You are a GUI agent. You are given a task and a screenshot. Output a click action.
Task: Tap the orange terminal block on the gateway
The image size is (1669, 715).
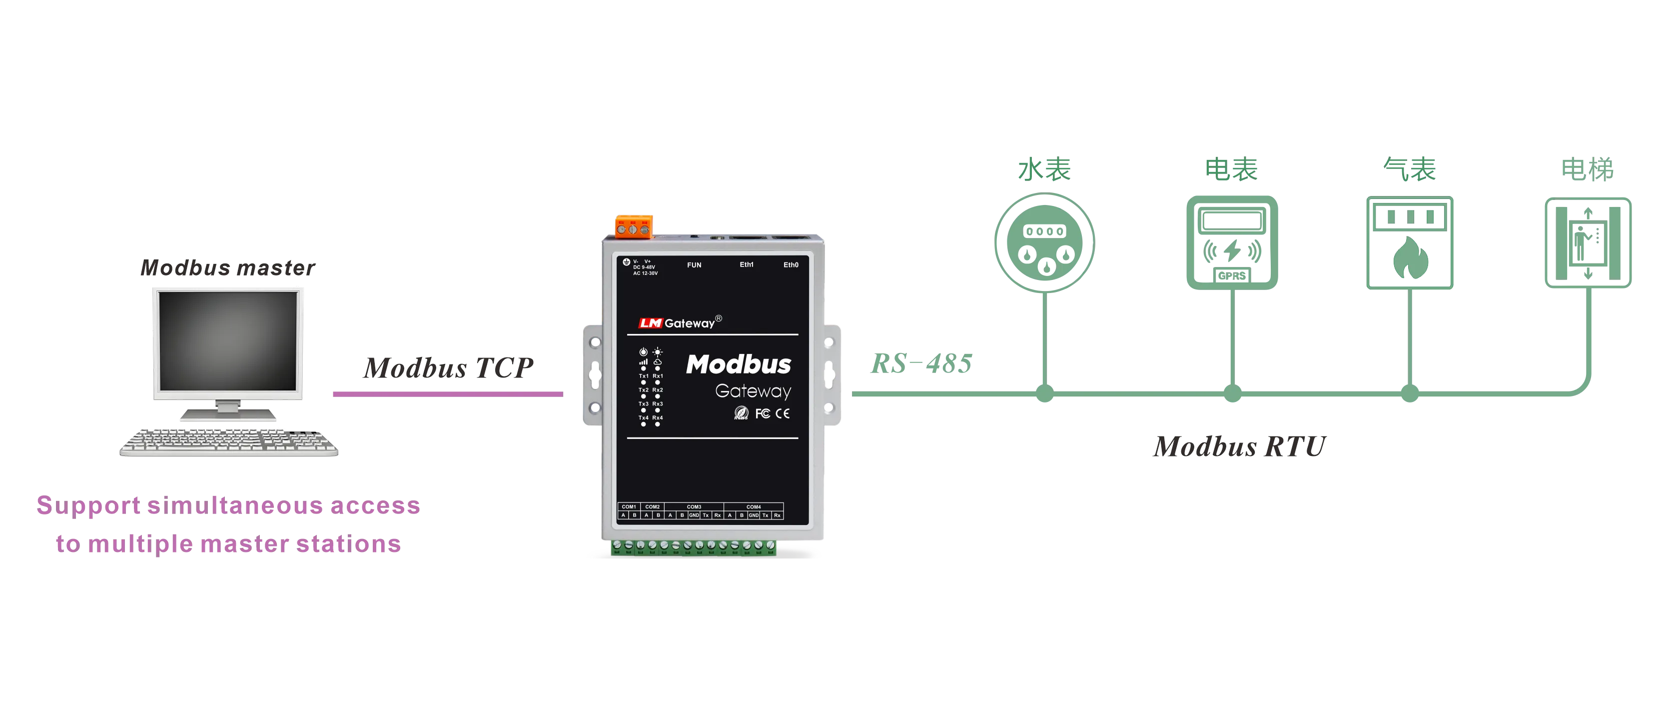pos(634,225)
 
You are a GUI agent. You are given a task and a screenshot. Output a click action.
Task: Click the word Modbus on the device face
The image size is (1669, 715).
pos(738,364)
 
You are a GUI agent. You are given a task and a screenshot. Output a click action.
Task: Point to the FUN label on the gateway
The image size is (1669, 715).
pos(694,265)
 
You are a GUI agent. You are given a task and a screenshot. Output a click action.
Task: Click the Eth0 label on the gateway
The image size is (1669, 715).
pos(791,265)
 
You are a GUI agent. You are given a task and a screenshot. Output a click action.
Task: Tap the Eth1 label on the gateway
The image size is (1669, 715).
pos(747,264)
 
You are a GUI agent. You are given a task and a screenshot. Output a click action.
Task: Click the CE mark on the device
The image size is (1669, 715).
pos(783,413)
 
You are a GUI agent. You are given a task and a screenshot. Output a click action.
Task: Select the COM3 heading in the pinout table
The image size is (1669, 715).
pos(694,507)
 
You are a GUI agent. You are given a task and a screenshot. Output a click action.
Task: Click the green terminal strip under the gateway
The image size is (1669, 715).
pos(693,548)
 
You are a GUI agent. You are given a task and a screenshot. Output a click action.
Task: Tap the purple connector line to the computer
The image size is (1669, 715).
pos(447,393)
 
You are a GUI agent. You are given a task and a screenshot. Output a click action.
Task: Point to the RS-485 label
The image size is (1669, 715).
pos(920,364)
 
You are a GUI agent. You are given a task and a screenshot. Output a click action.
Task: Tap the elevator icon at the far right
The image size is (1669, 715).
pos(1588,243)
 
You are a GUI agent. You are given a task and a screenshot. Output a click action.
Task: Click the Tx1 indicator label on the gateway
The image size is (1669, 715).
pos(644,376)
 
